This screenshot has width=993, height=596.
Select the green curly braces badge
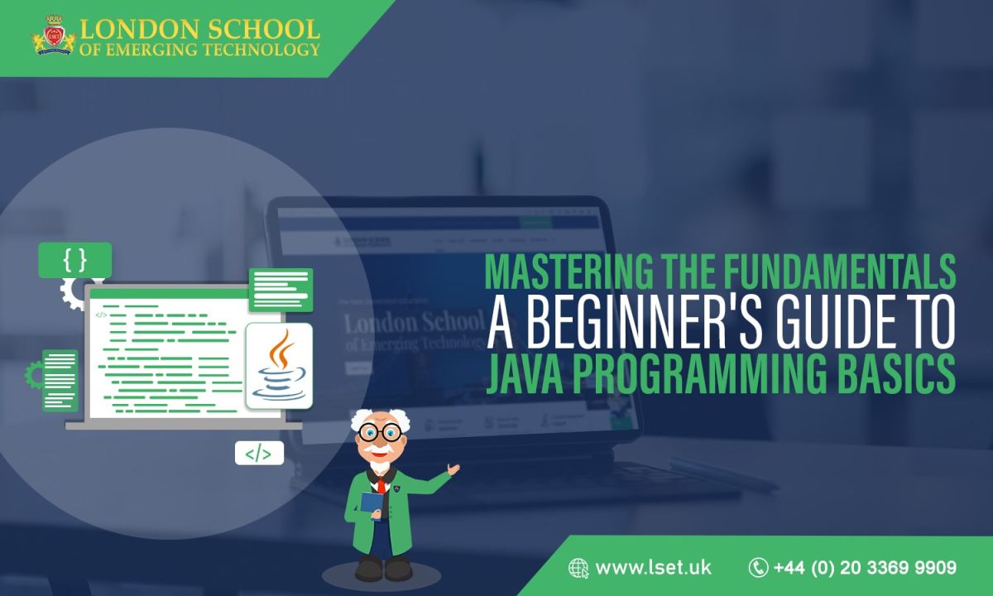tap(74, 260)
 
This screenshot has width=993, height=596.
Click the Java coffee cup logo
tap(279, 365)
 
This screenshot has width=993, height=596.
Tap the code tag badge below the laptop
tap(259, 453)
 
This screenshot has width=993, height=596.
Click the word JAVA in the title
tap(523, 374)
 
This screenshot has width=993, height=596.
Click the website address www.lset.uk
tap(653, 568)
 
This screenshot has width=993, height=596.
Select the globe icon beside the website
tap(578, 568)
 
